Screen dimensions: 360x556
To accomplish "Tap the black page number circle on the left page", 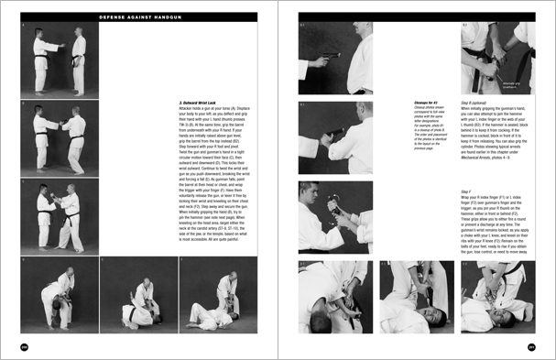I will tap(24, 345).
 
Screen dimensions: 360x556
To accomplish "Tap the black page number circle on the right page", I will tap(530, 345).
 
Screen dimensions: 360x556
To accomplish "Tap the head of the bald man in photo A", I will tap(78, 35).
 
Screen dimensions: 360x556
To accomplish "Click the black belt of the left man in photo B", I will tap(41, 138).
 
